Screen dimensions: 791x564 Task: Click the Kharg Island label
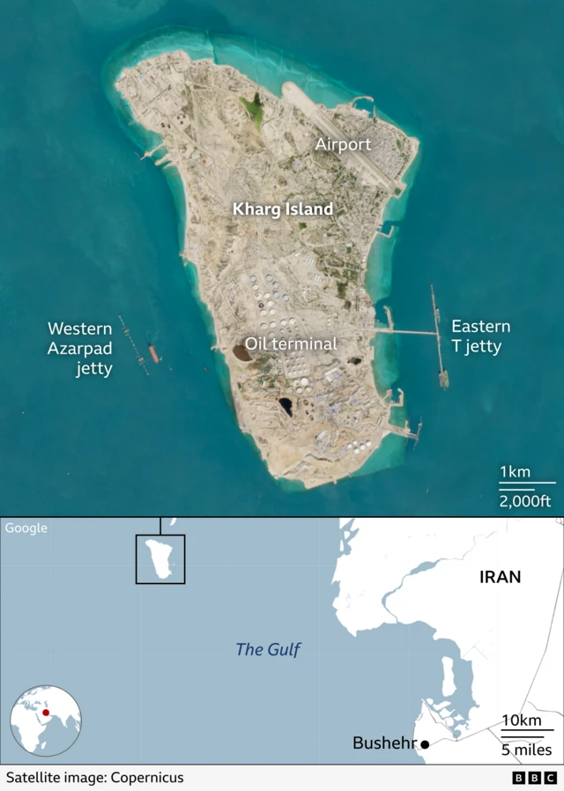pos(282,210)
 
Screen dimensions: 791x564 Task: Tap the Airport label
pos(343,144)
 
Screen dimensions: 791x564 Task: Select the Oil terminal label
pos(291,344)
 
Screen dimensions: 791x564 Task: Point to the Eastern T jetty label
pos(480,336)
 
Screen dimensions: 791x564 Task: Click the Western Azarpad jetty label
pos(80,349)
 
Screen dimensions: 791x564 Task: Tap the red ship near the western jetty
pos(153,353)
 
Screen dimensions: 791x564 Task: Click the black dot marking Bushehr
pos(425,744)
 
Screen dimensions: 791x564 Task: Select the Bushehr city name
pos(383,743)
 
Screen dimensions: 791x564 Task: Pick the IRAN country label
pos(500,578)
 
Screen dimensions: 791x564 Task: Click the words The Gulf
pos(268,650)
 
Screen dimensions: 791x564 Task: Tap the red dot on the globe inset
pos(46,713)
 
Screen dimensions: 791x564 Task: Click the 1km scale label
pos(516,472)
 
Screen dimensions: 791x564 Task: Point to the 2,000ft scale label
pos(525,501)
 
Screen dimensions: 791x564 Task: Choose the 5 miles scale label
pos(527,750)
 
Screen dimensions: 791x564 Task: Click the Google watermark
pos(26,529)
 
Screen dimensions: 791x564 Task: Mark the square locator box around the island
pos(160,558)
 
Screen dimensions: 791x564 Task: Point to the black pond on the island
pos(286,406)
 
